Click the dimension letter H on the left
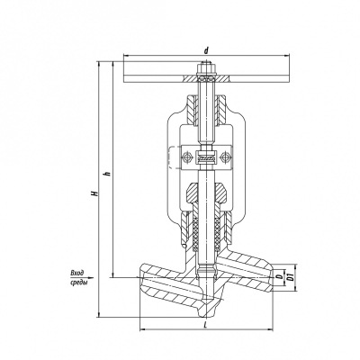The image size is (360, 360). [95, 193]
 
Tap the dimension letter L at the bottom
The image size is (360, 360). [205, 324]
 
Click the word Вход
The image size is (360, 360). [76, 273]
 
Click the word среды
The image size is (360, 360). [78, 283]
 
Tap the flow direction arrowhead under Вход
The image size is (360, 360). [91, 278]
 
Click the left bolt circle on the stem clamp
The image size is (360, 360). [186, 157]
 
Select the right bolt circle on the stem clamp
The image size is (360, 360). [224, 157]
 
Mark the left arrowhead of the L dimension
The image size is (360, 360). [144, 329]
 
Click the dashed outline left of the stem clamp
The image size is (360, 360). [171, 157]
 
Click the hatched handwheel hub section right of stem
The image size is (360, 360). [221, 79]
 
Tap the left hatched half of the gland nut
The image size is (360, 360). [193, 193]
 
